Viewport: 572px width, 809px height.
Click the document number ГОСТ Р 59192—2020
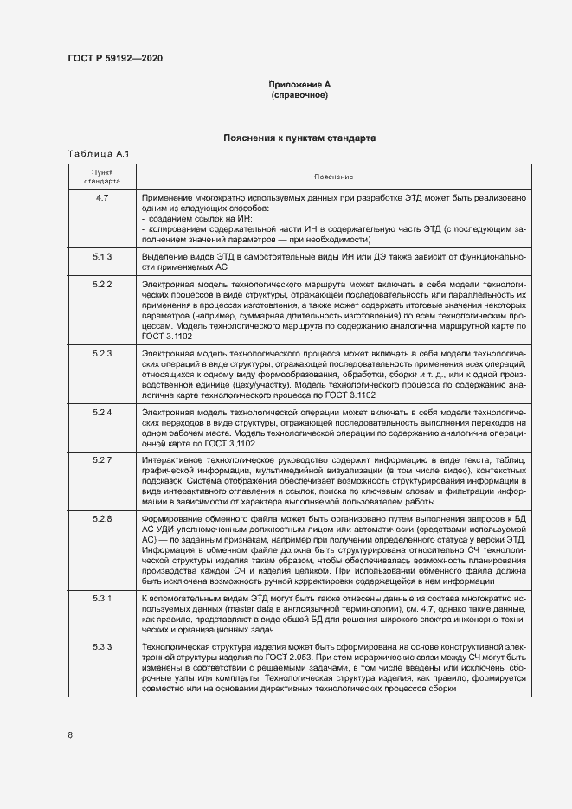[x=114, y=59]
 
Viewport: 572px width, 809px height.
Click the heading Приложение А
[x=299, y=84]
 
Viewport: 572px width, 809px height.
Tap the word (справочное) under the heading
[x=299, y=94]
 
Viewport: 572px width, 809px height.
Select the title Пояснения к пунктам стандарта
[x=299, y=137]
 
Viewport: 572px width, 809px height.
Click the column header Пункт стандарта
[x=102, y=177]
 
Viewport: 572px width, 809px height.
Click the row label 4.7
[x=102, y=199]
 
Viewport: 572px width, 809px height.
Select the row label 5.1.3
[x=102, y=257]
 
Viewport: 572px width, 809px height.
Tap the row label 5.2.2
[x=102, y=284]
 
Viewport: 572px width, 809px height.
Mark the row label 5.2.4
[x=102, y=412]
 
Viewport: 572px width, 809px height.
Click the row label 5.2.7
[x=102, y=459]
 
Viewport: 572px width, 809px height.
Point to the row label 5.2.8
[x=102, y=517]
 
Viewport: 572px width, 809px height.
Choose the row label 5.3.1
[x=102, y=599]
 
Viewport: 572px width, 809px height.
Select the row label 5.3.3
[x=102, y=646]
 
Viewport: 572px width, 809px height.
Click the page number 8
[x=70, y=735]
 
